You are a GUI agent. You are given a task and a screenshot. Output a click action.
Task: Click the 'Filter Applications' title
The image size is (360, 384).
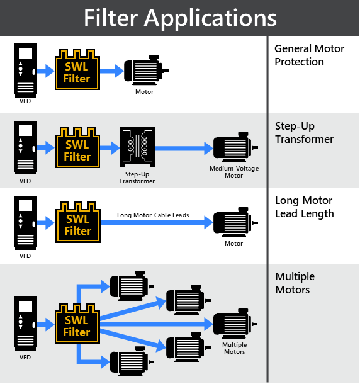(180, 18)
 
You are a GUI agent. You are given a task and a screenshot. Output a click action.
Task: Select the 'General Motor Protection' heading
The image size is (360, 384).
(309, 55)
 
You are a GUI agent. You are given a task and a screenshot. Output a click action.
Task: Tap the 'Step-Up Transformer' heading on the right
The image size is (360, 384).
(304, 133)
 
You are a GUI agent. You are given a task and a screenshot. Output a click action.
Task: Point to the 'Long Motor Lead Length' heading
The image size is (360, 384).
(305, 207)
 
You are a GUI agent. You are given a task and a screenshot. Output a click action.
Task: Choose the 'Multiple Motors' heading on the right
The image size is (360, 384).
(295, 283)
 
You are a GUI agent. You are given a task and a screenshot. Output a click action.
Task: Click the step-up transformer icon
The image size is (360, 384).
(137, 147)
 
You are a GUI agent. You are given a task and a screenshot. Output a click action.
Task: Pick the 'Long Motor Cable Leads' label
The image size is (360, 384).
(153, 215)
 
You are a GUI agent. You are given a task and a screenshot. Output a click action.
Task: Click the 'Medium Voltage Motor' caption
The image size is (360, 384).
(234, 172)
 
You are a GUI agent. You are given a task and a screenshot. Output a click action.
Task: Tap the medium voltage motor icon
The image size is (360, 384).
(235, 147)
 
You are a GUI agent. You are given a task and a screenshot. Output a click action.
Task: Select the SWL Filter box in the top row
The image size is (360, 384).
(77, 70)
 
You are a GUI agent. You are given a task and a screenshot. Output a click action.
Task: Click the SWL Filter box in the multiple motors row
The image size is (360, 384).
(77, 324)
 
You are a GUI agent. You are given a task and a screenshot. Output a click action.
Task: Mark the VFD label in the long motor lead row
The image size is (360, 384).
(25, 256)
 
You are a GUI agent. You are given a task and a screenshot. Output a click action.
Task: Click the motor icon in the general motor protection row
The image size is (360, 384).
(146, 71)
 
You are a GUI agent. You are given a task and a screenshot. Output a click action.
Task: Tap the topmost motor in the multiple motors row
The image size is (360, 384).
(132, 286)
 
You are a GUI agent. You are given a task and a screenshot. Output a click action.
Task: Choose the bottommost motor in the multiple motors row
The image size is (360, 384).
(132, 361)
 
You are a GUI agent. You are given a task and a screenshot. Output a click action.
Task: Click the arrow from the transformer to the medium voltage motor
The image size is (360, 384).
(184, 148)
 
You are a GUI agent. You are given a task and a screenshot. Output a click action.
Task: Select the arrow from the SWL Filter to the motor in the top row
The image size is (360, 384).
(112, 71)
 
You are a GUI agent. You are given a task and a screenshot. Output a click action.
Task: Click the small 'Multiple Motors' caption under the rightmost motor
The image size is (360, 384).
(235, 348)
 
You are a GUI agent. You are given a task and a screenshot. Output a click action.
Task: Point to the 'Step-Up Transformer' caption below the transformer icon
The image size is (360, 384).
(137, 178)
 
